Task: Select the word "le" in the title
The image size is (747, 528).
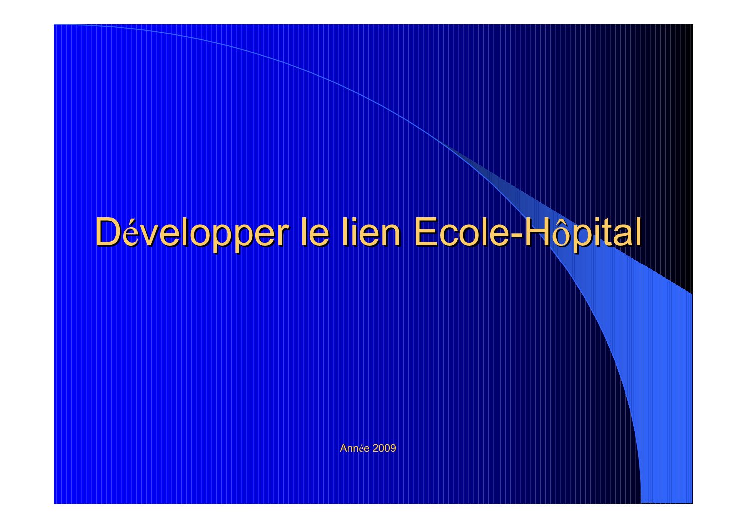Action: pos(315,232)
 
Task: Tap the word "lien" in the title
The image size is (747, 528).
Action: pos(371,232)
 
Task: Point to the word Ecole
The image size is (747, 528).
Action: pos(462,232)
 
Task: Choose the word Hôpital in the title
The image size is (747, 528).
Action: pos(583,233)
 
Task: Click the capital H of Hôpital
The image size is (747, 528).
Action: pos(536,232)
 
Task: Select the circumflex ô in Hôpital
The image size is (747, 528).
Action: pos(560,234)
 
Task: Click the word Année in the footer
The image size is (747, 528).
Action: pos(354,448)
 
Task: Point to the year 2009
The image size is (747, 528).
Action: pos(384,448)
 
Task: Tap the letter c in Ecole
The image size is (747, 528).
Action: pos(449,236)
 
